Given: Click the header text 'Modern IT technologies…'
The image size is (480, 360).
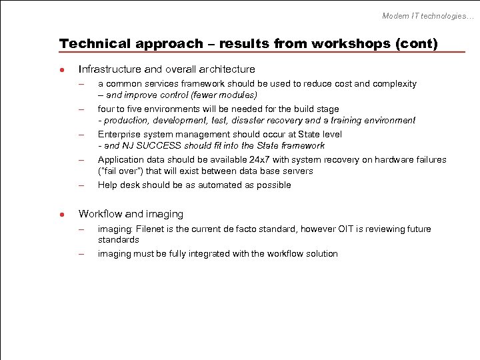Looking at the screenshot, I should pyautogui.click(x=427, y=15).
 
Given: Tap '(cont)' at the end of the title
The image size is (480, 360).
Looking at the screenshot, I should pyautogui.click(x=417, y=44).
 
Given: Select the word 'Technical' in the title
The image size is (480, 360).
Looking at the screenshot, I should pyautogui.click(x=95, y=44).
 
